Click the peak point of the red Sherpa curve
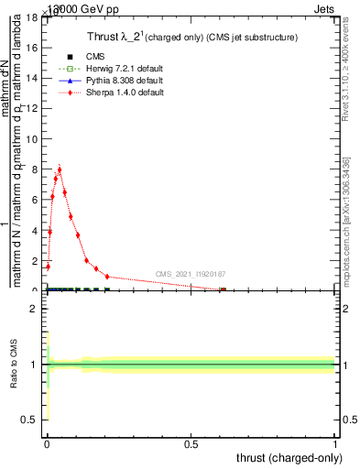pyautogui.click(x=60, y=169)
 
